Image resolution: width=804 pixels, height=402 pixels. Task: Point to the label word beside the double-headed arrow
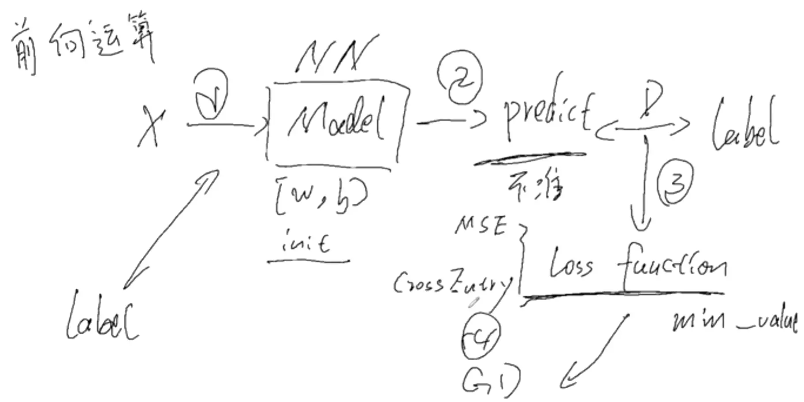tap(745, 126)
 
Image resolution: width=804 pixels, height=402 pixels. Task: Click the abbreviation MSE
tap(480, 226)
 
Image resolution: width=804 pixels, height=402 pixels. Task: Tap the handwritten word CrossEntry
tap(452, 284)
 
